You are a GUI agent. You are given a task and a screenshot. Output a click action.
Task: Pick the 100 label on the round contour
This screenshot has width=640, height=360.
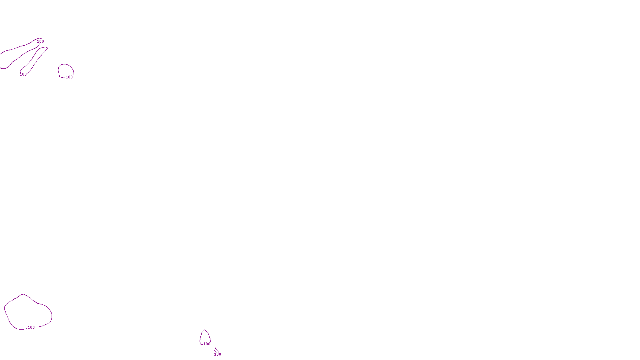pyautogui.click(x=70, y=77)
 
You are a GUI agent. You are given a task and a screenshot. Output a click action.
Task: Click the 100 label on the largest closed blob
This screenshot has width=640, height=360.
pyautogui.click(x=31, y=328)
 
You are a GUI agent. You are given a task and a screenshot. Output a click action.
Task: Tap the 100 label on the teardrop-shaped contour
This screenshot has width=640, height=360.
pyautogui.click(x=207, y=344)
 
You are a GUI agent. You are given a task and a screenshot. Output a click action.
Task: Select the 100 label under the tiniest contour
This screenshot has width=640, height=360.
pyautogui.click(x=218, y=354)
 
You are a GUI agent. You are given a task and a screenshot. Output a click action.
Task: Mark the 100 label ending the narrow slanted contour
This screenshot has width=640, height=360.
pyautogui.click(x=24, y=74)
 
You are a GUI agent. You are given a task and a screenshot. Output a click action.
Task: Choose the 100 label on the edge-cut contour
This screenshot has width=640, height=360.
pyautogui.click(x=40, y=42)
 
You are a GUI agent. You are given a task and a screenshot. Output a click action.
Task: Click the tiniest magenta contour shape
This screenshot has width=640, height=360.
pyautogui.click(x=216, y=350)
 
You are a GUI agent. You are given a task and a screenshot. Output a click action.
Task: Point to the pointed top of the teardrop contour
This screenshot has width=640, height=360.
pyautogui.click(x=205, y=330)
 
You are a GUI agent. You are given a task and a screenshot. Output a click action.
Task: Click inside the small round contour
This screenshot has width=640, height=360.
pyautogui.click(x=66, y=70)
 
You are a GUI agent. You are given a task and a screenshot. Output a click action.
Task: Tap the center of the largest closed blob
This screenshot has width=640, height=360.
pyautogui.click(x=27, y=312)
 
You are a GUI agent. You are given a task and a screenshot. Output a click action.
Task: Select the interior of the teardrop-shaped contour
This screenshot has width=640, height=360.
pyautogui.click(x=205, y=338)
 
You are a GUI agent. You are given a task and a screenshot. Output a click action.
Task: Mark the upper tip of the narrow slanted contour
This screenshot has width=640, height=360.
pyautogui.click(x=46, y=48)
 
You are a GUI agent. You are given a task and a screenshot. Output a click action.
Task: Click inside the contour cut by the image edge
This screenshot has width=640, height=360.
pyautogui.click(x=12, y=56)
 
